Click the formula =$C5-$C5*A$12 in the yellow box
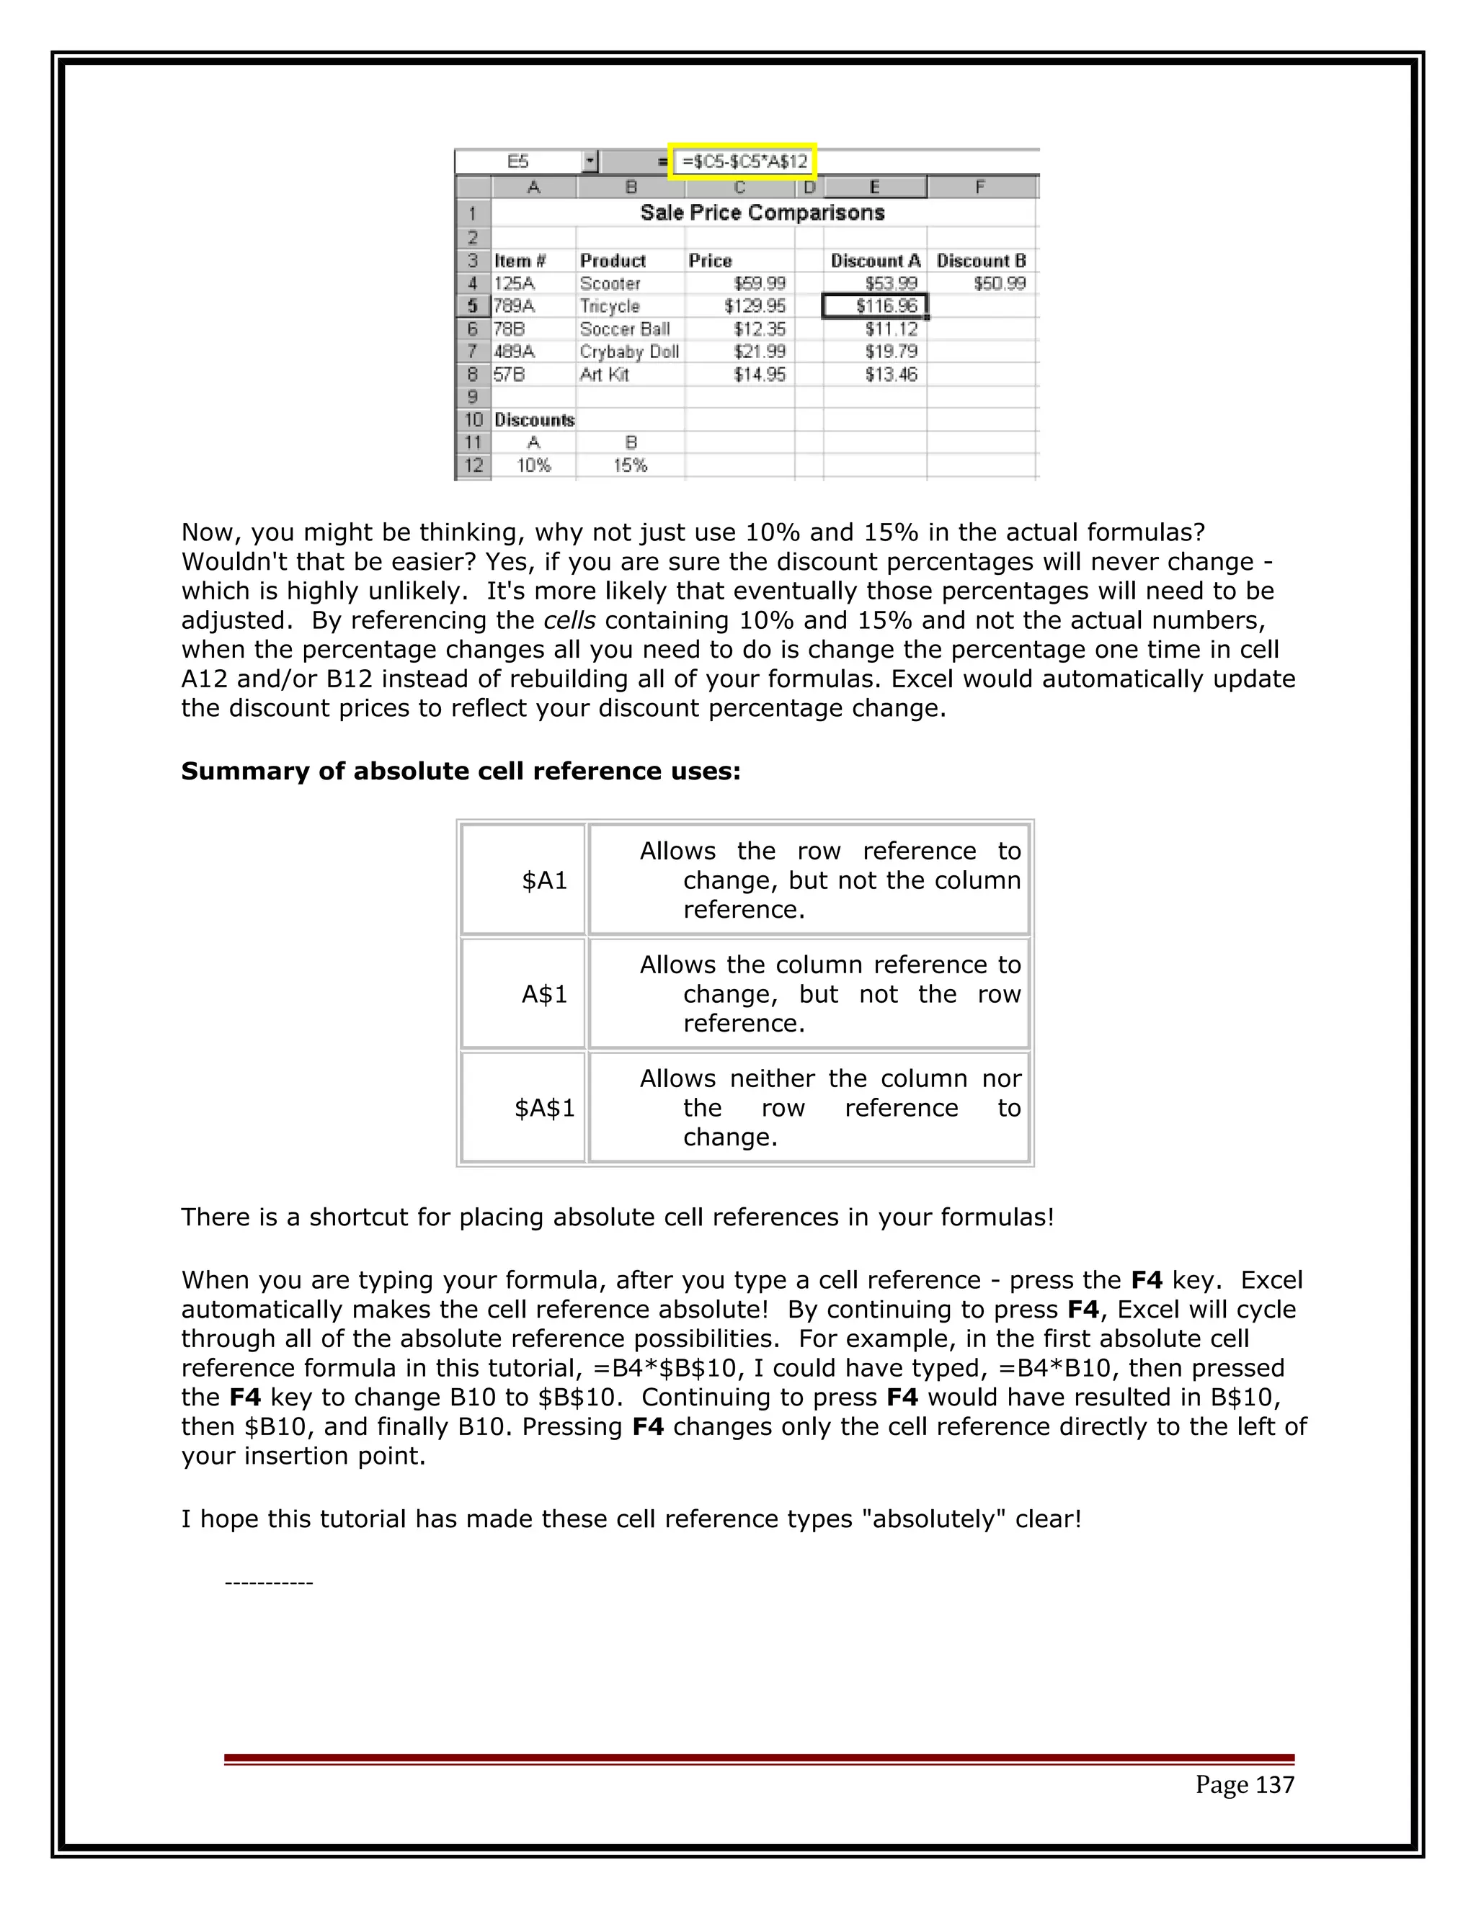[744, 161]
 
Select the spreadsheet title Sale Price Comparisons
[762, 213]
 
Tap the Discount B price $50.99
[999, 283]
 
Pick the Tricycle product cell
[610, 306]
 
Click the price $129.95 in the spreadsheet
[755, 306]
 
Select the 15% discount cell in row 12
[630, 465]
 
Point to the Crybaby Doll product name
[628, 352]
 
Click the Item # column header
[520, 261]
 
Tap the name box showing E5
[518, 161]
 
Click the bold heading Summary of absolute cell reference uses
[461, 771]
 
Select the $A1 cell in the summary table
[544, 880]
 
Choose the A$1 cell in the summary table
[544, 994]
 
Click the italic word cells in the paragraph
[569, 620]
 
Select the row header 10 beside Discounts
[473, 419]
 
